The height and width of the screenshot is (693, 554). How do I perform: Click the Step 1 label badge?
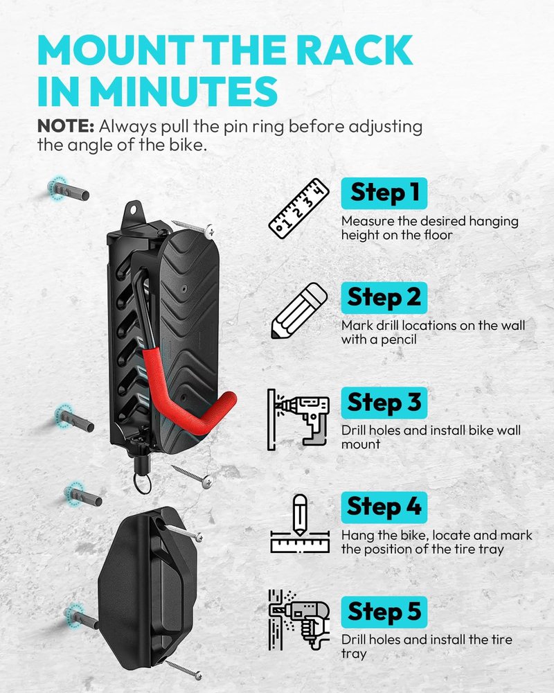pyautogui.click(x=384, y=193)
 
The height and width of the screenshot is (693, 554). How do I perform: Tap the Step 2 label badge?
pyautogui.click(x=384, y=297)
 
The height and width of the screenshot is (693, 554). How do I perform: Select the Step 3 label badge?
pyautogui.click(x=384, y=403)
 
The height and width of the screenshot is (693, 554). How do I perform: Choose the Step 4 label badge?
pyautogui.click(x=384, y=507)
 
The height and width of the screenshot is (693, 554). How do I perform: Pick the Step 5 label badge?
pyautogui.click(x=384, y=612)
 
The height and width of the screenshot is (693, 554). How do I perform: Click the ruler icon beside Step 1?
pyautogui.click(x=299, y=209)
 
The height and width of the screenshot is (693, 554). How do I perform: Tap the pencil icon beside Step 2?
pyautogui.click(x=299, y=310)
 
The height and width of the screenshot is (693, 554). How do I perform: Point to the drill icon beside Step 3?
pyautogui.click(x=298, y=420)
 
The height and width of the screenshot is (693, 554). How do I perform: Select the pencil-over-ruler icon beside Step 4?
pyautogui.click(x=300, y=524)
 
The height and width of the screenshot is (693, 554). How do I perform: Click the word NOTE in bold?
pyautogui.click(x=65, y=126)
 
